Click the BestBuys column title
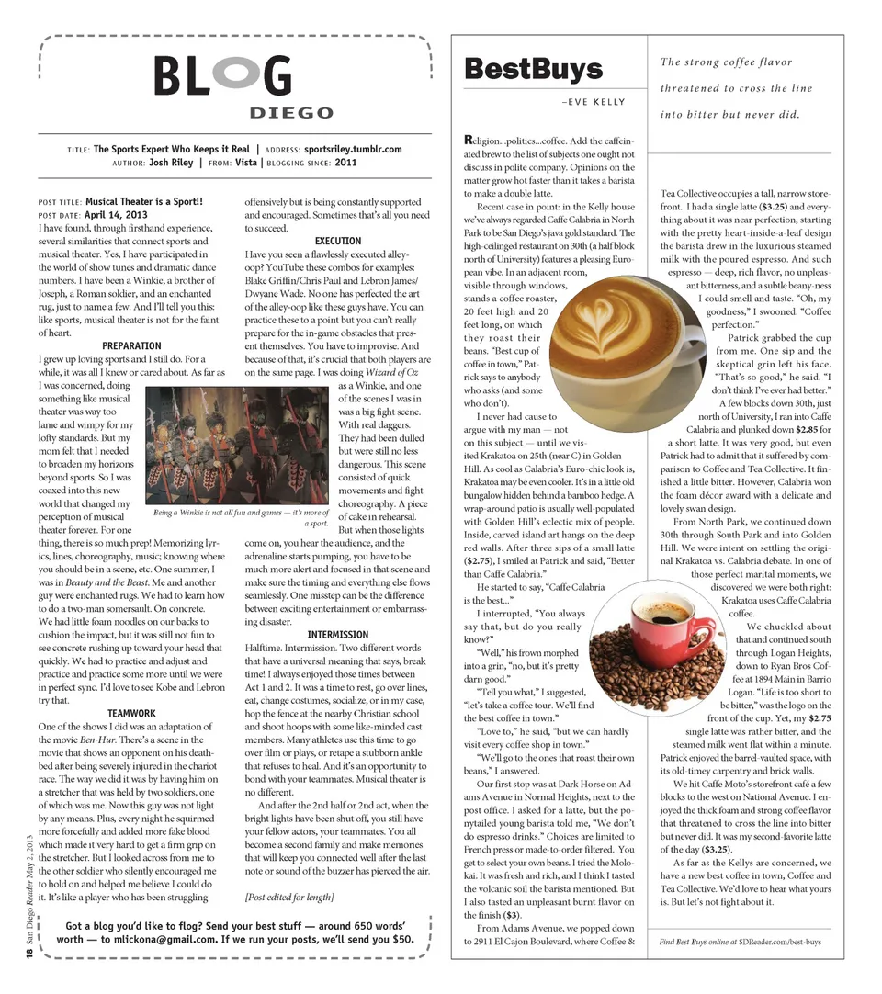point(533,69)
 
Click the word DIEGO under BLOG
point(291,113)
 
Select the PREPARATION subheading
point(132,345)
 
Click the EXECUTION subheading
point(337,241)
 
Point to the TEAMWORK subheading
point(132,712)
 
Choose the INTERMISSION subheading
point(337,634)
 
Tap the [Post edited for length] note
point(288,897)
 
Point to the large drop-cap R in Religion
point(469,140)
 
